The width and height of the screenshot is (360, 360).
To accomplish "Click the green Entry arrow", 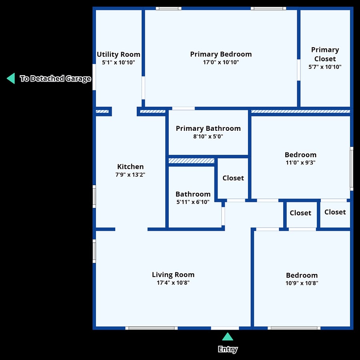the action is pos(228,336).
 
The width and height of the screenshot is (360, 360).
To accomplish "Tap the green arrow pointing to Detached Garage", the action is pos(11,78).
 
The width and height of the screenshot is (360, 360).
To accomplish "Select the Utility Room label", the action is pos(118,54).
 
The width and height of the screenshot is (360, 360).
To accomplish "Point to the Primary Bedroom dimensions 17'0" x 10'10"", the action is pos(221,62).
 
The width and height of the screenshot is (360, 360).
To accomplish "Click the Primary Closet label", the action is pos(325,54).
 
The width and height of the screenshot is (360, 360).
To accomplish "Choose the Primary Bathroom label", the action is pos(208,128).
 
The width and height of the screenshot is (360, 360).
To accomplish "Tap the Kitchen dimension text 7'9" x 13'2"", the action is pos(130,175).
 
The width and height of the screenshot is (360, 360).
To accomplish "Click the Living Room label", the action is pos(173,274).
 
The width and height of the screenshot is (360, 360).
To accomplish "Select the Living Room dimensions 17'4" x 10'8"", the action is pos(173,283).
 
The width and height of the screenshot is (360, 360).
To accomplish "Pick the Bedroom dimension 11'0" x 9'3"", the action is pos(300,162).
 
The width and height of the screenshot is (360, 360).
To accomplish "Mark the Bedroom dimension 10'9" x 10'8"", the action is pos(302,283).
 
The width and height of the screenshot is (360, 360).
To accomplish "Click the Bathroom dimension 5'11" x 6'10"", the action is pos(193,202).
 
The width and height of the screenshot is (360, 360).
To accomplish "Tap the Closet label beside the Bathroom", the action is pos(233,178).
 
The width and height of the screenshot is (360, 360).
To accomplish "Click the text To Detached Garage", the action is pos(55,78).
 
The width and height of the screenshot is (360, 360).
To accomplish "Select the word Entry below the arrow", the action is pos(228,349).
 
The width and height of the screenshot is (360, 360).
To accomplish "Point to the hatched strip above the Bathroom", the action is pos(192,160).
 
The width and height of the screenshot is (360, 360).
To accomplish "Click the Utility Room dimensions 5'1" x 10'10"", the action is pos(118,62).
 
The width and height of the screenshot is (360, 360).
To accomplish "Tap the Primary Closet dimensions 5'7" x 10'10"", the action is pos(325,67).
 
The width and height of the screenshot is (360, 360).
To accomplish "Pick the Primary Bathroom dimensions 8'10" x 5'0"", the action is pos(208,136).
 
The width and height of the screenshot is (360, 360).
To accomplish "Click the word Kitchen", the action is pos(130,166).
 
